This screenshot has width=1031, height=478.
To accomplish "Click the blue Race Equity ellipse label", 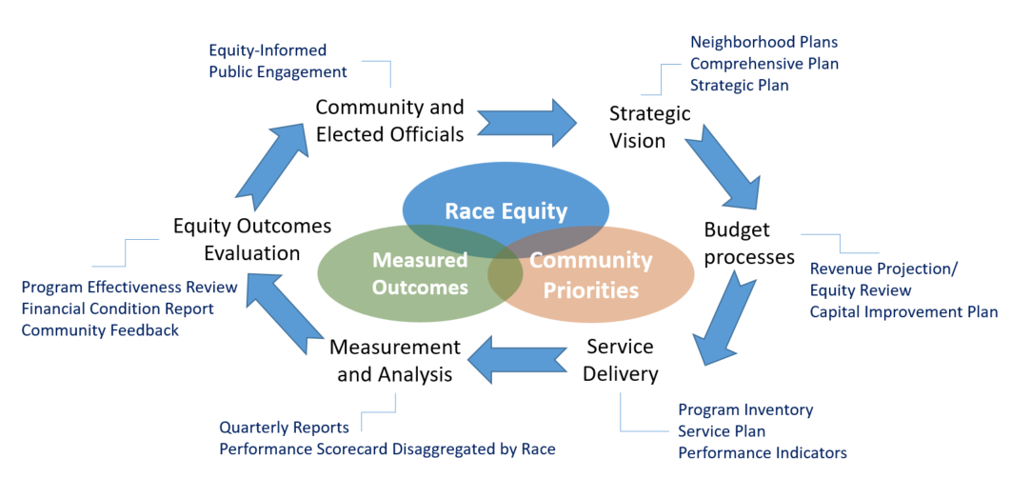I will coord(506,211).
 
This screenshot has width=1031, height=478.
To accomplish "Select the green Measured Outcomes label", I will coord(420,273).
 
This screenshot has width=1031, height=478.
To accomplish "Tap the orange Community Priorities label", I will coord(590,274).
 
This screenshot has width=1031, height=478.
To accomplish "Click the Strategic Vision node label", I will coord(649,127).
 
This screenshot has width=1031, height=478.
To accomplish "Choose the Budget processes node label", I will coord(749,243).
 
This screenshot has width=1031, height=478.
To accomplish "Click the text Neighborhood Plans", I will coord(763,42).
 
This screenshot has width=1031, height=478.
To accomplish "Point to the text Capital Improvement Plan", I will coord(903,311).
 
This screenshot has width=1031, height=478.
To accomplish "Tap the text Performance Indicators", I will coord(762,452).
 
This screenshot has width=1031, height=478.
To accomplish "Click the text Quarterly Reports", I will coord(284,428).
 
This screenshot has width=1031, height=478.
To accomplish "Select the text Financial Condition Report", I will coord(117,309).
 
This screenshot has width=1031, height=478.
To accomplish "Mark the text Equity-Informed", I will coord(268,50).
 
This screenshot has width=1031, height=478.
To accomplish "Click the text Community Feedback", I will coord(99,329).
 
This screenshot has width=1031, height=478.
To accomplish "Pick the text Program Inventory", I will coord(745,409).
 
